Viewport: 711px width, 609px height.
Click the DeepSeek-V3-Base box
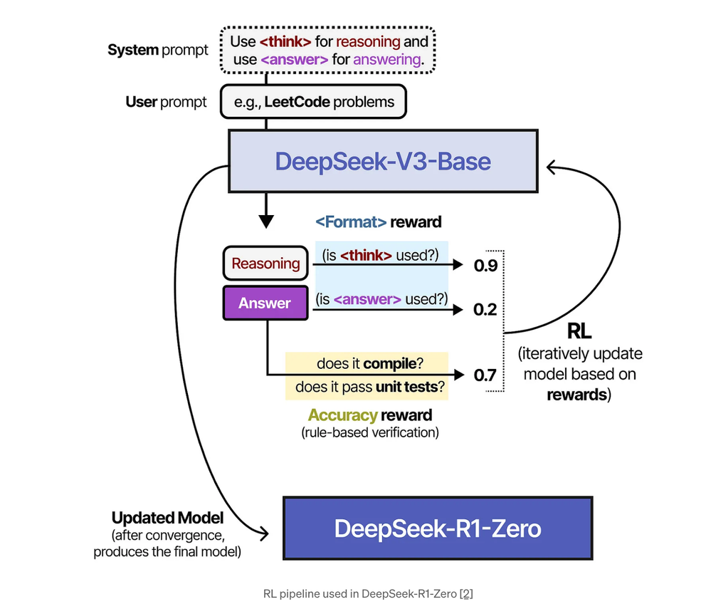[x=383, y=161]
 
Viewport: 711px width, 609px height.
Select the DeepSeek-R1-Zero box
[x=438, y=528]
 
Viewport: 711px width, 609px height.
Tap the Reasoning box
[x=265, y=264]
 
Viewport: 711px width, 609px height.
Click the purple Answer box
[x=264, y=303]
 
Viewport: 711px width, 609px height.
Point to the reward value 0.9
[x=485, y=266]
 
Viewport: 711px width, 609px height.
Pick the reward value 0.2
[x=485, y=310]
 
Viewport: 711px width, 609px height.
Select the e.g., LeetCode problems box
[x=314, y=102]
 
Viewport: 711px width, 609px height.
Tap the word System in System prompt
[x=132, y=50]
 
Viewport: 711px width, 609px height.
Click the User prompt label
[x=166, y=102]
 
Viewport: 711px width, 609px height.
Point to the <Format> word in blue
[x=352, y=222]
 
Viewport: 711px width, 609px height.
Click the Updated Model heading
[x=167, y=517]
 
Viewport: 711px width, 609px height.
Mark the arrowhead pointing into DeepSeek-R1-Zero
[x=265, y=532]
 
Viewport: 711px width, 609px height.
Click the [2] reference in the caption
[x=466, y=593]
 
